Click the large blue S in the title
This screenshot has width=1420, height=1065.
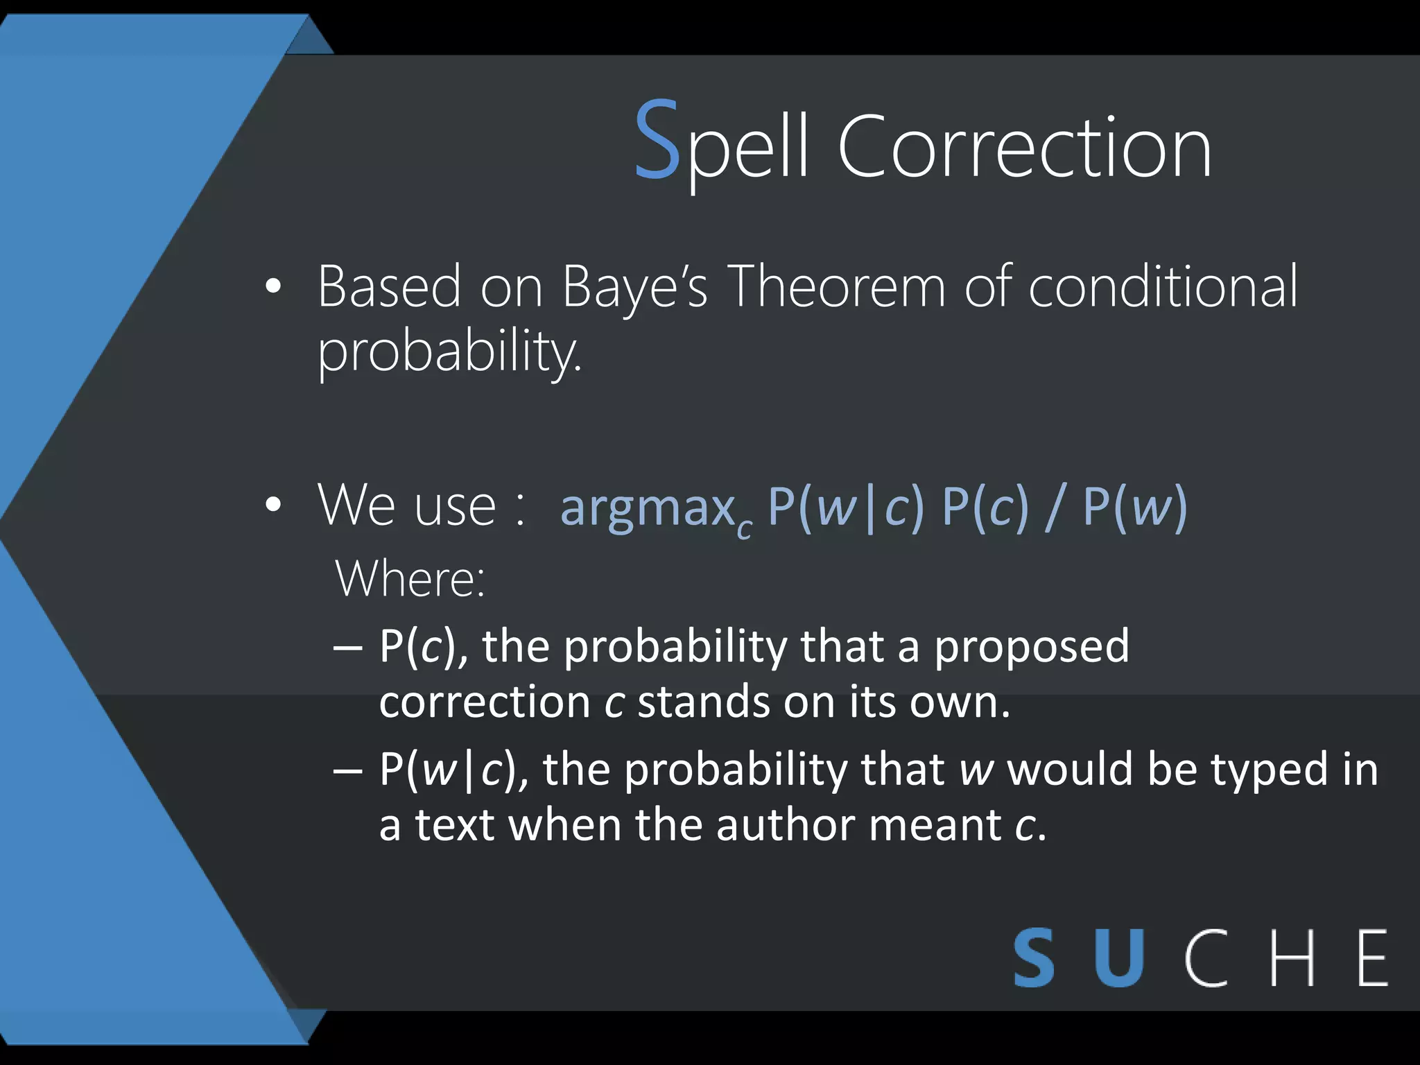pyautogui.click(x=656, y=141)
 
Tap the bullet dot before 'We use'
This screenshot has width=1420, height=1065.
pyautogui.click(x=273, y=505)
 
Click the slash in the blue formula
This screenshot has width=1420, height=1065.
pyautogui.click(x=1055, y=507)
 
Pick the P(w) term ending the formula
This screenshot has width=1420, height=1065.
pyautogui.click(x=1134, y=507)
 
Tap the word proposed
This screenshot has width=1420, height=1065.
pyautogui.click(x=1031, y=647)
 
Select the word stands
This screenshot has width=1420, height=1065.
pyautogui.click(x=702, y=702)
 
